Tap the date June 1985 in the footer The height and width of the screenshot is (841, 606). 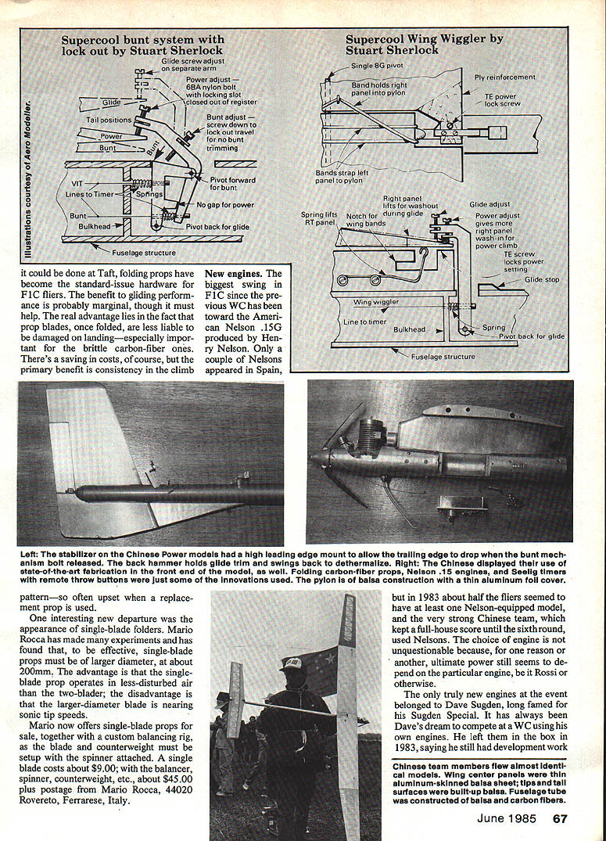pos(510,818)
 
